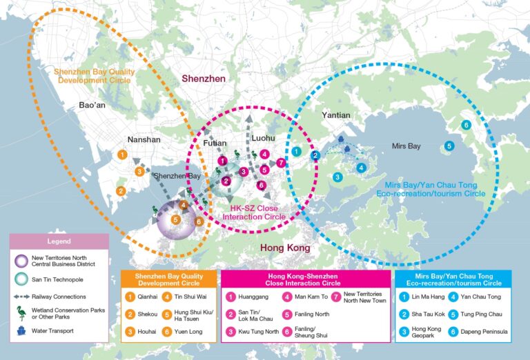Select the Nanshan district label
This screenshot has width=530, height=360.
pos(144,139)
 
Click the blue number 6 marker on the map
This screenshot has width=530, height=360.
pos(467,125)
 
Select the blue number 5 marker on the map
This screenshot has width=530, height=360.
pos(449,146)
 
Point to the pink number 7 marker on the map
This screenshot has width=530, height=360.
pos(280,163)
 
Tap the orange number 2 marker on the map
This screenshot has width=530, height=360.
pos(121,191)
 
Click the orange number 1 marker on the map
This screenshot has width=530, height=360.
pos(122,154)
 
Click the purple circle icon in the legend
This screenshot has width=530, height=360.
pos(23,261)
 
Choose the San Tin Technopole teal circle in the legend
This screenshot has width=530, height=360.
pos(23,280)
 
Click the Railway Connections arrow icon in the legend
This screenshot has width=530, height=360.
pos(23,297)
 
